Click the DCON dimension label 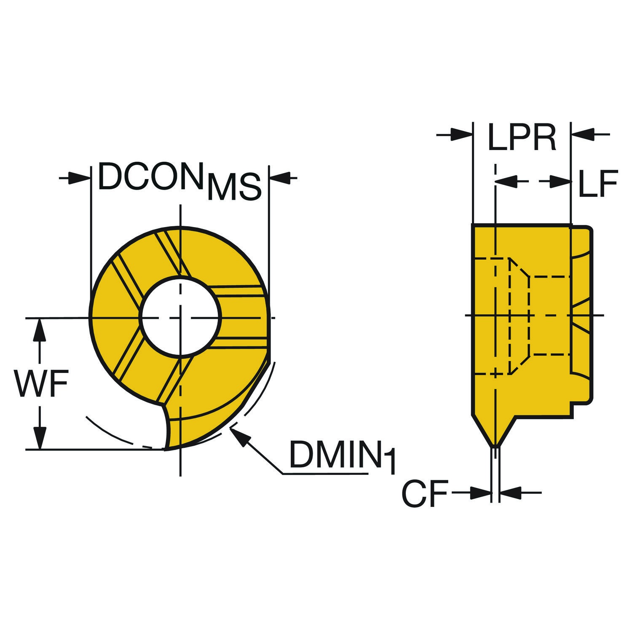tap(149, 177)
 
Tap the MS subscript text tap(234, 187)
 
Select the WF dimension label tap(40, 383)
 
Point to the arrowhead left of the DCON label tap(78, 178)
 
